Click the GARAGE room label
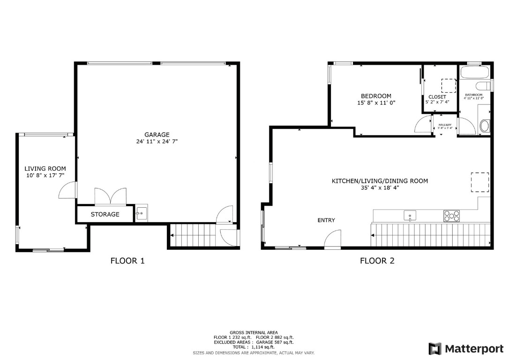point(157,135)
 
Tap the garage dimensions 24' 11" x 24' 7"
point(157,141)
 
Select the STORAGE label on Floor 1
point(105,214)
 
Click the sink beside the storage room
point(141,213)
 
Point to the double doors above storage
point(110,196)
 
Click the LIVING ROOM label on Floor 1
point(45,169)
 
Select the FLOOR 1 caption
point(127,261)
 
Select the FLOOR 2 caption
point(377,261)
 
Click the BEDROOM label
point(376,96)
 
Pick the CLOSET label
point(437,97)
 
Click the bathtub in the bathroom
point(474,73)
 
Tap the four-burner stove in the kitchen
point(452,216)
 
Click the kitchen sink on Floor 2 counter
point(410,216)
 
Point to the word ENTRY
point(326,220)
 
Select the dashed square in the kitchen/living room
point(479,182)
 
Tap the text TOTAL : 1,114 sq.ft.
point(254,347)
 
